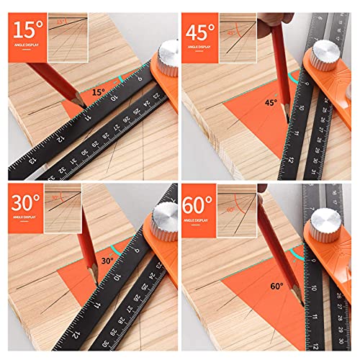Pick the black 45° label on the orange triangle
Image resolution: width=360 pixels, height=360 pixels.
(270, 102)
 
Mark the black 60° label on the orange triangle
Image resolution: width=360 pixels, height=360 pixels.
(277, 286)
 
